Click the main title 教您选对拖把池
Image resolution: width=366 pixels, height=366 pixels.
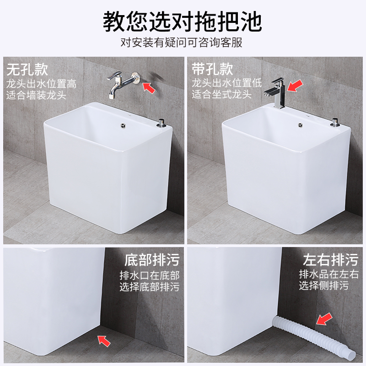point(182,21)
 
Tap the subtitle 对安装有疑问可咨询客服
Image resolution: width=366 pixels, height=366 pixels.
point(181,43)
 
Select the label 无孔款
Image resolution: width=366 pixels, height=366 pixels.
point(27,70)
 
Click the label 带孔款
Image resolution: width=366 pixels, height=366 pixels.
point(212,69)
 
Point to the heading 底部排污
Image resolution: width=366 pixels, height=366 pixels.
point(152,260)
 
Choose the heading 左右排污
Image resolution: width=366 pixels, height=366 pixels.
point(330,259)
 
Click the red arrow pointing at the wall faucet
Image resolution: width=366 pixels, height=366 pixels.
point(149,87)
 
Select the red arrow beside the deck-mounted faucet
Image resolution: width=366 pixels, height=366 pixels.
point(295,86)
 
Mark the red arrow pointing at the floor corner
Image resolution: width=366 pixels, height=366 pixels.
point(104,341)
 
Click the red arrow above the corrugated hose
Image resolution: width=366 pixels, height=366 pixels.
point(324,319)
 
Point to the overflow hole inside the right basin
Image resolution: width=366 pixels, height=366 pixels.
point(301,125)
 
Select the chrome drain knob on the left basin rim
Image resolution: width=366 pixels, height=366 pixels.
point(161,124)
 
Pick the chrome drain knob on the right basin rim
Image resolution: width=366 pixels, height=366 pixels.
point(335,123)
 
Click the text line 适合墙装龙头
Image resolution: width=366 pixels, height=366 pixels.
point(36,95)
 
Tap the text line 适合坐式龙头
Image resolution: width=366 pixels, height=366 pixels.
point(221,94)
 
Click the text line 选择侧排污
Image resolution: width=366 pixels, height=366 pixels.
point(324,285)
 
